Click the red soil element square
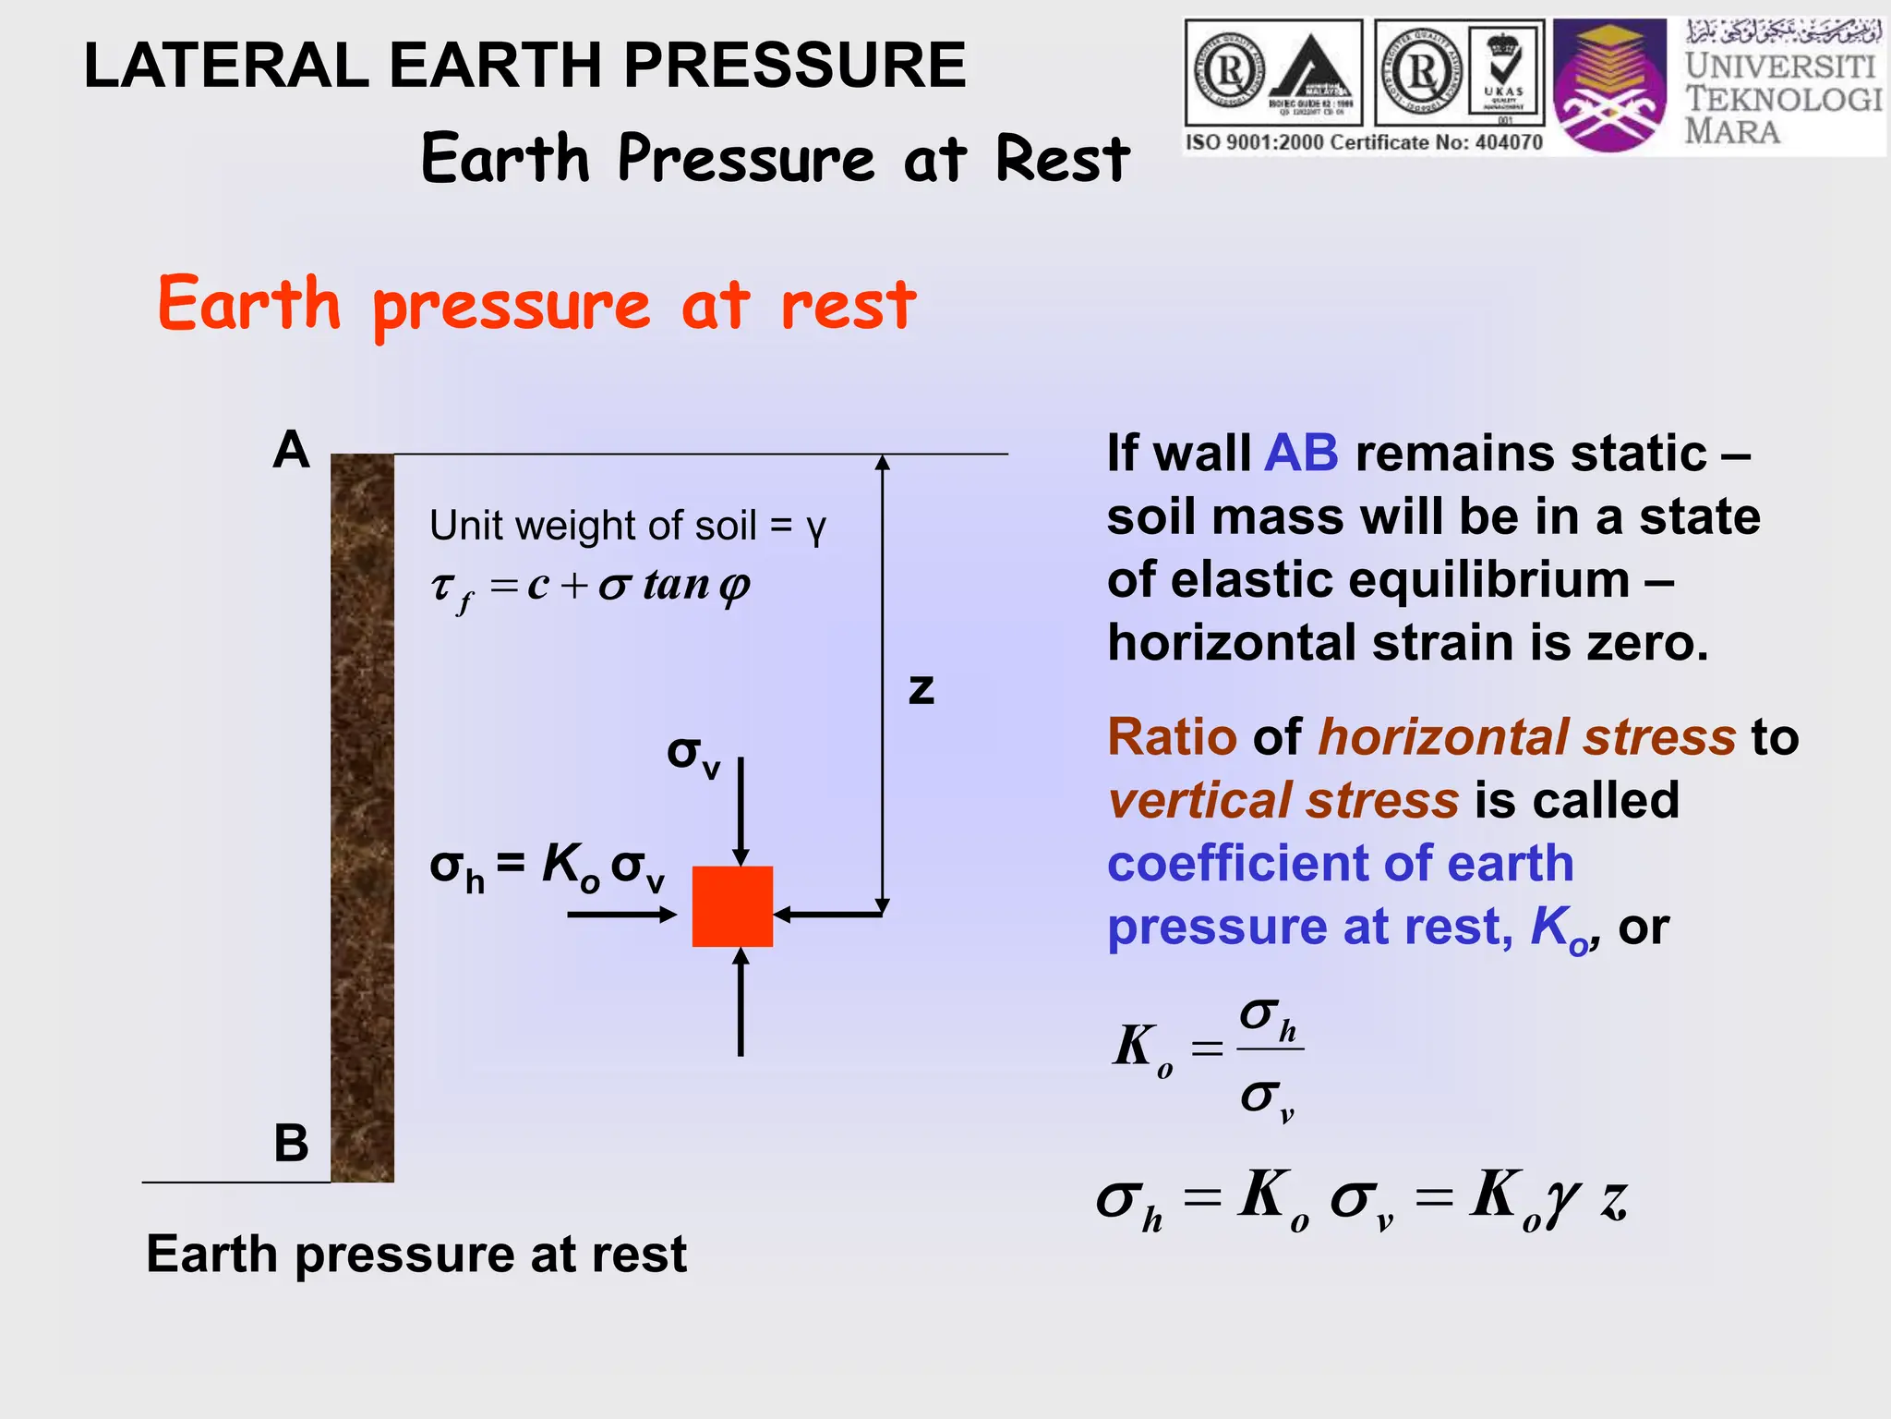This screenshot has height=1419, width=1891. pyautogui.click(x=732, y=905)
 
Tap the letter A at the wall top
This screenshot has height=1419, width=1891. pyautogui.click(x=291, y=451)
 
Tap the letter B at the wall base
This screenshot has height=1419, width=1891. pyautogui.click(x=291, y=1143)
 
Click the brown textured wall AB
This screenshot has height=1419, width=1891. pyautogui.click(x=362, y=818)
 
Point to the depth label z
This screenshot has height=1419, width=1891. pyautogui.click(x=921, y=689)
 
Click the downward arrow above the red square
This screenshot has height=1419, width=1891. pyautogui.click(x=741, y=809)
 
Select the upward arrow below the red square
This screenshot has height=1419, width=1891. pyautogui.click(x=741, y=1002)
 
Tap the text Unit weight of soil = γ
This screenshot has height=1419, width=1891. pyautogui.click(x=628, y=526)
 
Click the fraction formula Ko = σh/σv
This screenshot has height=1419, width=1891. pyautogui.click(x=1210, y=1058)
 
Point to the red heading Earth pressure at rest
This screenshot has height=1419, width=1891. pyautogui.click(x=536, y=305)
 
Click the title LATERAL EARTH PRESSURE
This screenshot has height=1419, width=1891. pyautogui.click(x=524, y=66)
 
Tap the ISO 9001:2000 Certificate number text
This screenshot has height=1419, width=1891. pyautogui.click(x=1364, y=142)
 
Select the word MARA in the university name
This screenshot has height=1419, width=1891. pyautogui.click(x=1732, y=131)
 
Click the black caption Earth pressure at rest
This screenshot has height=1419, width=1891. pyautogui.click(x=416, y=1255)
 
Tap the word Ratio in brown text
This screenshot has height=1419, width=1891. pyautogui.click(x=1171, y=737)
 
